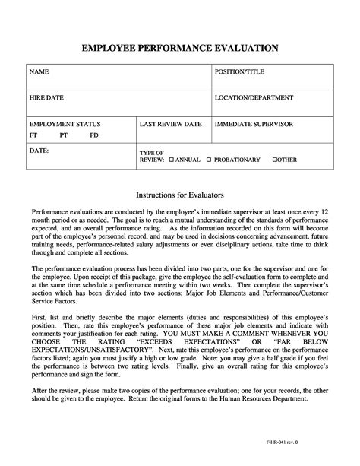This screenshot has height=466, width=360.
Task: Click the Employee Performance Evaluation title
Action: pyautogui.click(x=180, y=48)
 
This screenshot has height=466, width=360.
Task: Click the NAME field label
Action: pyautogui.click(x=39, y=71)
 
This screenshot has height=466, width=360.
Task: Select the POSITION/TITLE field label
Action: pyautogui.click(x=241, y=71)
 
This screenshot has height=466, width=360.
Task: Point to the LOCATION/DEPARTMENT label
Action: pyautogui.click(x=254, y=97)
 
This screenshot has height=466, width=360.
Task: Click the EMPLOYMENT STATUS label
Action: pyautogui.click(x=65, y=123)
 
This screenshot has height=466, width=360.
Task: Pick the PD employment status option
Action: pyautogui.click(x=93, y=135)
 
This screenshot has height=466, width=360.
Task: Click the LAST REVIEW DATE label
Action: pyautogui.click(x=171, y=123)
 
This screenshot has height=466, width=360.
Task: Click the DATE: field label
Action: pyautogui.click(x=39, y=151)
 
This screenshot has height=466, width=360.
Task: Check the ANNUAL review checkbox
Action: pyautogui.click(x=172, y=160)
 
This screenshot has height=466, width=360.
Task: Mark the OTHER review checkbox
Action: pyautogui.click(x=275, y=160)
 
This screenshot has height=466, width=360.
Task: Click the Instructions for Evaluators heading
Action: pyautogui.click(x=180, y=195)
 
